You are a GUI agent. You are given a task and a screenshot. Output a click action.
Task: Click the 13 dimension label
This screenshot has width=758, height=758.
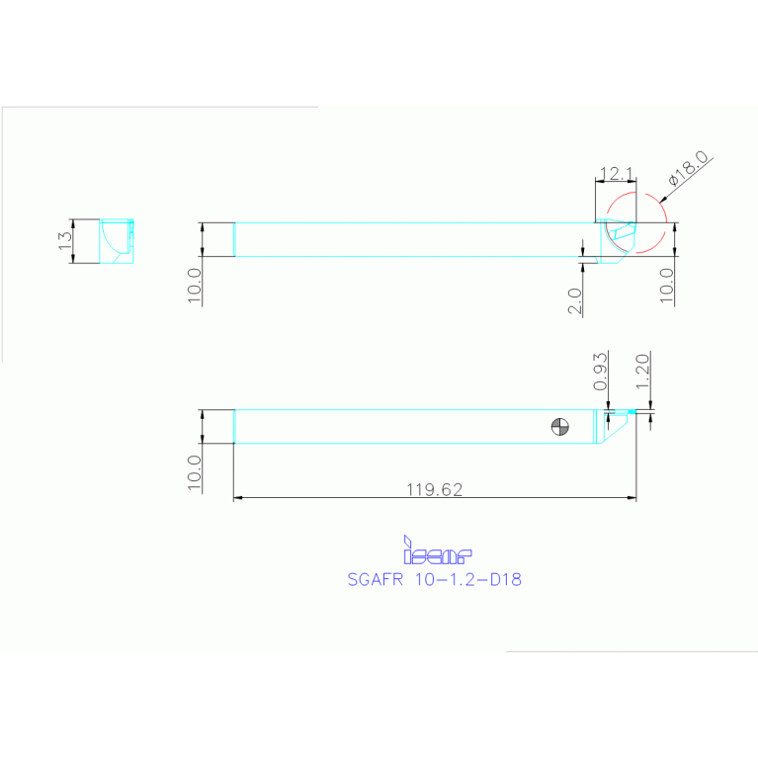[64, 242]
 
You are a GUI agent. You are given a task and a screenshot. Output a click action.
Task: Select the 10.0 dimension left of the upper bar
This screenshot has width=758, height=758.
[194, 286]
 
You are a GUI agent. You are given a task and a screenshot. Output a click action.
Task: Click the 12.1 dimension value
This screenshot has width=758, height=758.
[616, 174]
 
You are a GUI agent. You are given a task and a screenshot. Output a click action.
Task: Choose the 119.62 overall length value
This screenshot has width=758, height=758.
[435, 488]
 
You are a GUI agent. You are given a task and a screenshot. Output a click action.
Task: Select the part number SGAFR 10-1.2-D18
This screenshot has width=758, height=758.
[434, 580]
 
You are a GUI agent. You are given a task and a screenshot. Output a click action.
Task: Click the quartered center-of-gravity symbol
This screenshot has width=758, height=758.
[560, 427]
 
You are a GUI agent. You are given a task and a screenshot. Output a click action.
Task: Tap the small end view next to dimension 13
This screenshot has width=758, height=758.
[118, 242]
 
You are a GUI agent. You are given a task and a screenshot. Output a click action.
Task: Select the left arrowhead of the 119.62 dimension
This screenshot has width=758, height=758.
[238, 498]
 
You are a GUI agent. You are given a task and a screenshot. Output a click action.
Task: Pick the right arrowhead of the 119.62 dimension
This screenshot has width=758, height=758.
[632, 498]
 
